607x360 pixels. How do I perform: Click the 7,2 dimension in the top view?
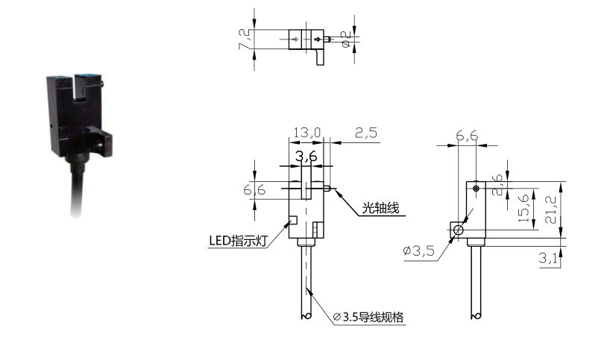[x=245, y=39]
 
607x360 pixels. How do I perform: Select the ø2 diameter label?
[x=346, y=39]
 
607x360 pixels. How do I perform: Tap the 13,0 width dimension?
[x=307, y=133]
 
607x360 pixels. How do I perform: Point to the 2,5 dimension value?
[x=366, y=133]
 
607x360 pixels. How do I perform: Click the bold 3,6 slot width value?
[x=306, y=156]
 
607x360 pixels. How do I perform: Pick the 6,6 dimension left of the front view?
[x=254, y=189]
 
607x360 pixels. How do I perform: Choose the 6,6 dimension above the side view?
[x=467, y=136]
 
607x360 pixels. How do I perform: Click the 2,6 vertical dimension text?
[x=497, y=185]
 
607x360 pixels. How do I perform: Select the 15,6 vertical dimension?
[x=523, y=209]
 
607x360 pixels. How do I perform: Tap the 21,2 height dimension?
[x=550, y=209]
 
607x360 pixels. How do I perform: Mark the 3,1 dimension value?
[x=547, y=258]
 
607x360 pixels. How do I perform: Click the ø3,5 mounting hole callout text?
[x=418, y=251]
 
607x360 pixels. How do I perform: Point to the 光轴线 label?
[x=380, y=208]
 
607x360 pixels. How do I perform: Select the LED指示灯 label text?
[x=238, y=241]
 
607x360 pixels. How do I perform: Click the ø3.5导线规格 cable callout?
[x=368, y=317]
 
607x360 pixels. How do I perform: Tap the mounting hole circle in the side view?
[x=459, y=230]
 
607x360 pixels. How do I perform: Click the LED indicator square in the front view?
[x=293, y=221]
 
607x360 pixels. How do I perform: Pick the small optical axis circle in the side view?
[x=477, y=189]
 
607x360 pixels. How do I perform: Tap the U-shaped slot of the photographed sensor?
[x=74, y=87]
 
